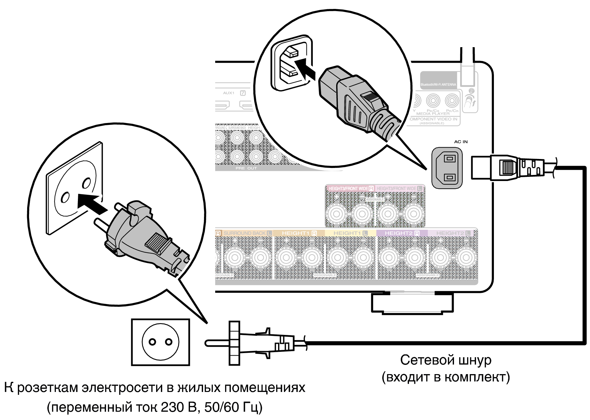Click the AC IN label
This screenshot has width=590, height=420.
[461, 142]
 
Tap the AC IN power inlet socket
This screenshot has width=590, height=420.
[447, 168]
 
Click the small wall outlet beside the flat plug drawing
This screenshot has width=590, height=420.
[160, 342]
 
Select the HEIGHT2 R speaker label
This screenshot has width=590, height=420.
[402, 233]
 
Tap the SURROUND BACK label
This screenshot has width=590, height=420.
[245, 233]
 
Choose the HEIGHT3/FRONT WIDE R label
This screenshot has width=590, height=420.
[351, 189]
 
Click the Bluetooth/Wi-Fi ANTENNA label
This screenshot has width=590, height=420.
[438, 84]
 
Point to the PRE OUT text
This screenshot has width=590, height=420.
[246, 168]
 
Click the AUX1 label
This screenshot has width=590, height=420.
[229, 93]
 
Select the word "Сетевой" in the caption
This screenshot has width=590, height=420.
[421, 360]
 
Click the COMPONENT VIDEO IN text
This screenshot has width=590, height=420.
[434, 119]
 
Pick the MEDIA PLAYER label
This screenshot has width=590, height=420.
[433, 114]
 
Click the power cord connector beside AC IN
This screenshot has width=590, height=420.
[508, 167]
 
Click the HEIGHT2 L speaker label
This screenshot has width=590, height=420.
[453, 233]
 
